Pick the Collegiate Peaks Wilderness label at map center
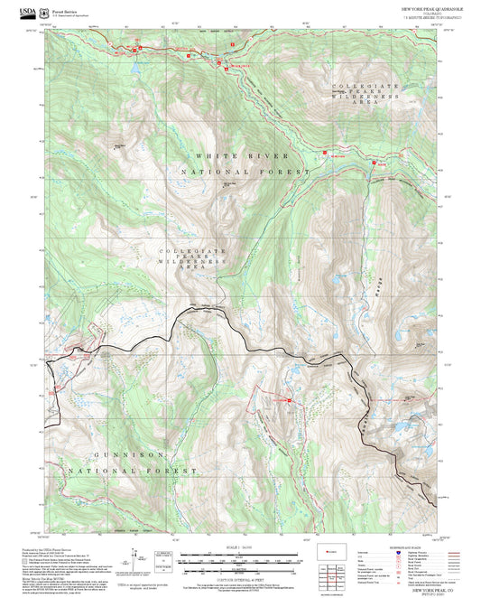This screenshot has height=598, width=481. click(x=189, y=259)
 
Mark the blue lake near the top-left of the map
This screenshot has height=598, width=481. click(x=133, y=67)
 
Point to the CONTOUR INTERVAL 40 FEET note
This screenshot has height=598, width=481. click(x=240, y=575)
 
